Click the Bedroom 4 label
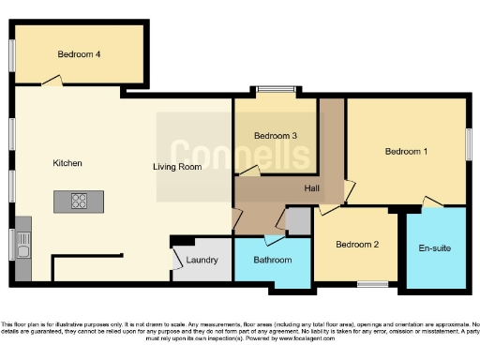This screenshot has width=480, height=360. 79,54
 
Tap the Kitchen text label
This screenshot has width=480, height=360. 67,163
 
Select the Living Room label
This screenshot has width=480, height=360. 178,168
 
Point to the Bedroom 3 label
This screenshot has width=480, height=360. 276,136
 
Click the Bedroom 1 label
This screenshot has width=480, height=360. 406,151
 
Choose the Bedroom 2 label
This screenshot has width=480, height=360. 357,245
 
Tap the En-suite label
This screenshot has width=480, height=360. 436,247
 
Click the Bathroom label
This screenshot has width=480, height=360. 273,260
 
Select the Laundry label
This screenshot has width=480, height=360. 202,260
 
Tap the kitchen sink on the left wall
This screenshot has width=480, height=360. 22,247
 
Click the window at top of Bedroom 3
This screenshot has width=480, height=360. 276,90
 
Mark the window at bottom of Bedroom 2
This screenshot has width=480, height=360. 373,284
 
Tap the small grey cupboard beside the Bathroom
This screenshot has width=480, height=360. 298,221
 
